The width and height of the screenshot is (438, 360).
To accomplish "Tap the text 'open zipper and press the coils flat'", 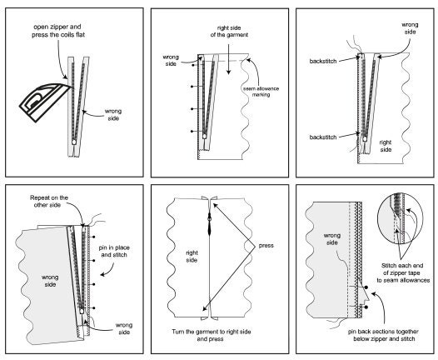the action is pos(58,31).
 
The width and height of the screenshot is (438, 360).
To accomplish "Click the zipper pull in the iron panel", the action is pos(74,142).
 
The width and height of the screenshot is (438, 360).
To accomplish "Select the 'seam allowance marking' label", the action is pos(261,92).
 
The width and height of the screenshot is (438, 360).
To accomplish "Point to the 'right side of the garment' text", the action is pos(229,32).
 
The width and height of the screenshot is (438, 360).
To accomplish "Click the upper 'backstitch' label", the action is pos(323,61).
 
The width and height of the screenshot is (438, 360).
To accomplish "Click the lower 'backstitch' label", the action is pos(323,137).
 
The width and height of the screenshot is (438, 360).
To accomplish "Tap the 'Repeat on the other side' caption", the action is pos(49,201).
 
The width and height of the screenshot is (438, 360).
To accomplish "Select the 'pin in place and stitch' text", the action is pos(114,252).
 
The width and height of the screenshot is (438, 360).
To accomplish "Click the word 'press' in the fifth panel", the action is pos(266,246).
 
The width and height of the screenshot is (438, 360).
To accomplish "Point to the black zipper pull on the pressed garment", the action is pos(210,223).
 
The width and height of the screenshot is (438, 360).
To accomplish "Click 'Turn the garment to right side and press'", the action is pos(212,335).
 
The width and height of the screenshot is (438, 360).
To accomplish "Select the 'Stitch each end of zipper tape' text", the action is pos(403,272).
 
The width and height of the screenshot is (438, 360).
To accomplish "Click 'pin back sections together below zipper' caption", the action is pos(384,335).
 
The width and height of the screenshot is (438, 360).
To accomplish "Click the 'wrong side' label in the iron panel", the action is pos(113,115).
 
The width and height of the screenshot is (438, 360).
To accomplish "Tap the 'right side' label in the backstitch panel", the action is pos(386,146).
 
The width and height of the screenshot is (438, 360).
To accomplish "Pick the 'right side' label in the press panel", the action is pos(192,257).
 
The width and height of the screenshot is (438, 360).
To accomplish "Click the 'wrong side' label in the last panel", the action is pos(332,239).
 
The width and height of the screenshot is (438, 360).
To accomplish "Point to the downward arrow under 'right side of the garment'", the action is pos(229,59).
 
